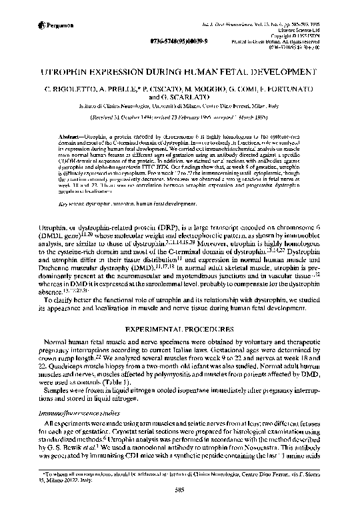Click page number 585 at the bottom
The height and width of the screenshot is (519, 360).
pos(179,506)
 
